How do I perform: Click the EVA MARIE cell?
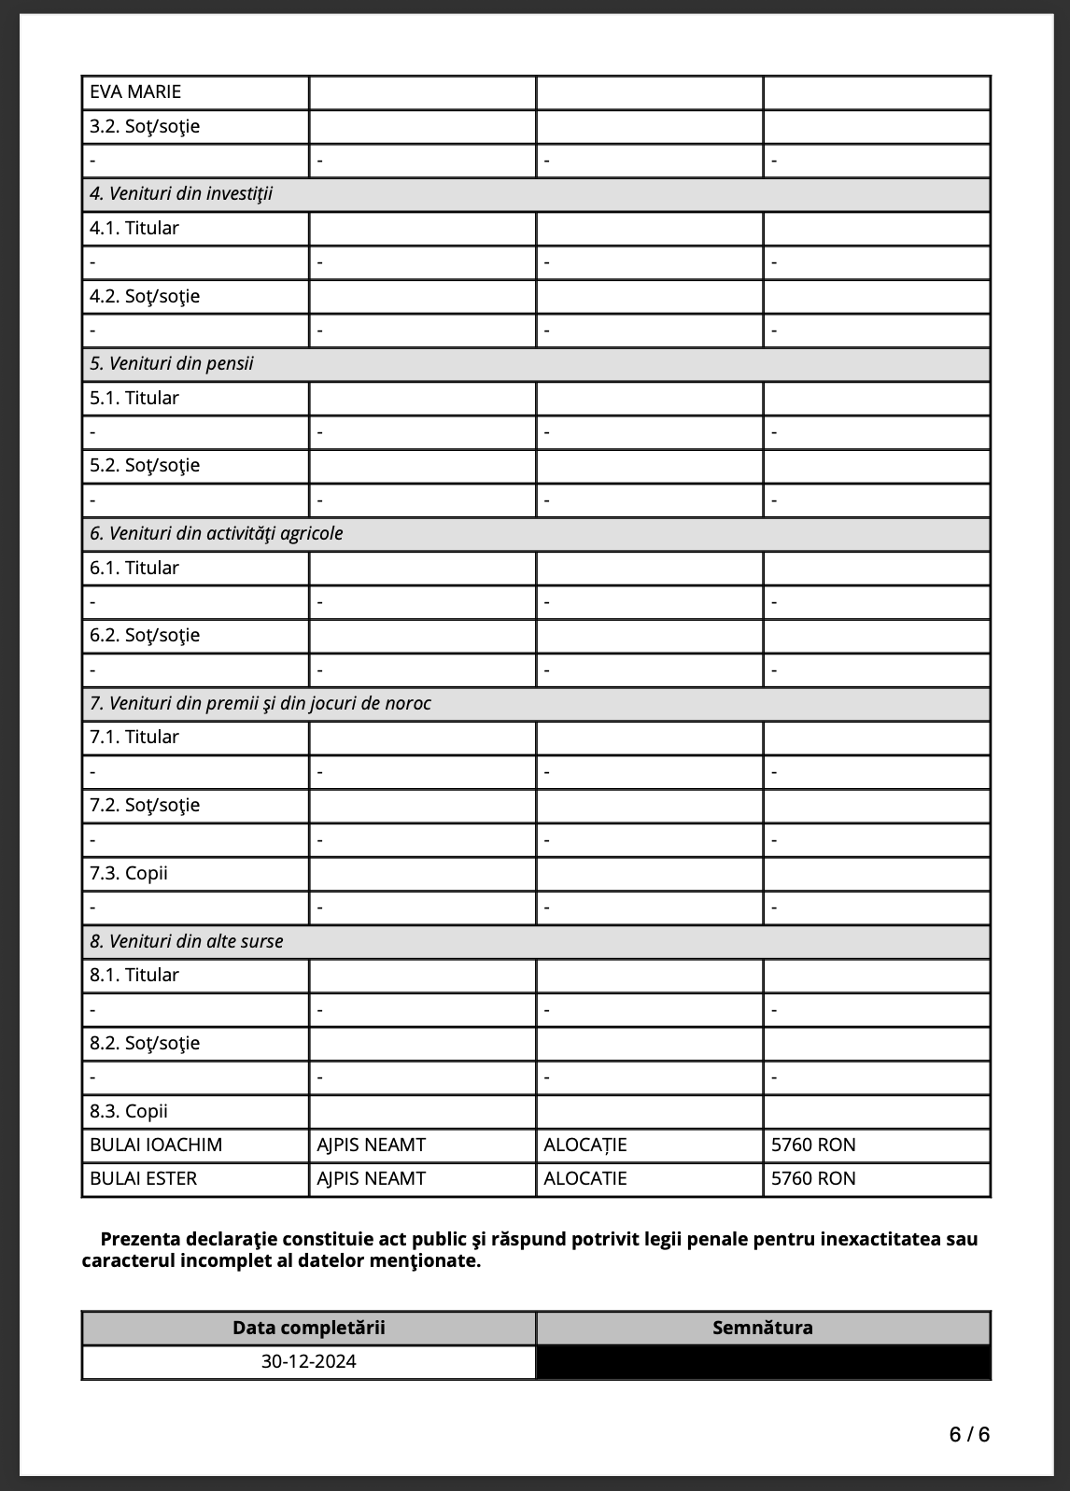coord(135,92)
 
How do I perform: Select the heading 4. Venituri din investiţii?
coord(181,194)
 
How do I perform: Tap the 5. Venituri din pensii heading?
coord(172,364)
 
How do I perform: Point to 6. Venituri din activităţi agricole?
coord(217,534)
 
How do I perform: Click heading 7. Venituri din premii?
coord(260,704)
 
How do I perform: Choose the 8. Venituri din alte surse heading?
coord(187,942)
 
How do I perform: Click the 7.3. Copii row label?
coord(129,874)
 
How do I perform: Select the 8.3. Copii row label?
coord(129,1112)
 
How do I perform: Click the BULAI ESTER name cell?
coord(144,1179)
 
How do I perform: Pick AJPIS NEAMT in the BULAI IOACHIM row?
coord(372,1146)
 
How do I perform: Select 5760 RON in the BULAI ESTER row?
coord(813,1179)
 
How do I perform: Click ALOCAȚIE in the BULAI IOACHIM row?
coord(585,1146)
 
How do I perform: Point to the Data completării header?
coord(309,1329)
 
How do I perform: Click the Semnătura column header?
coord(763,1329)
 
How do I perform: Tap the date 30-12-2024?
coord(309,1362)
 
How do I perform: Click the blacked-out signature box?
coord(763,1362)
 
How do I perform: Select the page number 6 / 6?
coord(969,1435)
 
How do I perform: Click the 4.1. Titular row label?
coord(134,229)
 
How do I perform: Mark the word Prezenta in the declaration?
coord(140,1240)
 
